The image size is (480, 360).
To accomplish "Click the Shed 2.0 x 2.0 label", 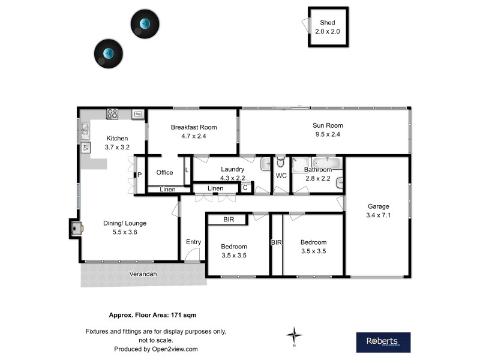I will point(328,27).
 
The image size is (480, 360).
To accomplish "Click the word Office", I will point(164,173).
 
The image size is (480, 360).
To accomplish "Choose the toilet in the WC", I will point(280,163).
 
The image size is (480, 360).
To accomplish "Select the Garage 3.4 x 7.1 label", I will point(378,211).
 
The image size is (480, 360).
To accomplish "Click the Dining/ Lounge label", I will point(125,227).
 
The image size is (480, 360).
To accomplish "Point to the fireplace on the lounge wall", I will point(76,227).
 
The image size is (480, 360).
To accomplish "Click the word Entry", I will point(193,242).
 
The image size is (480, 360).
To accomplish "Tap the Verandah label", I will point(143,274).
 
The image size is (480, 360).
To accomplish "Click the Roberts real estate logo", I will point(383,342).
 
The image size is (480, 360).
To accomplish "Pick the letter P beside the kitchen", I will point(139,175).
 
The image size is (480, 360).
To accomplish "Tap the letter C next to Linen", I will point(245,188).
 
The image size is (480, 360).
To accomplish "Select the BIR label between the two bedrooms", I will point(276,242).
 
